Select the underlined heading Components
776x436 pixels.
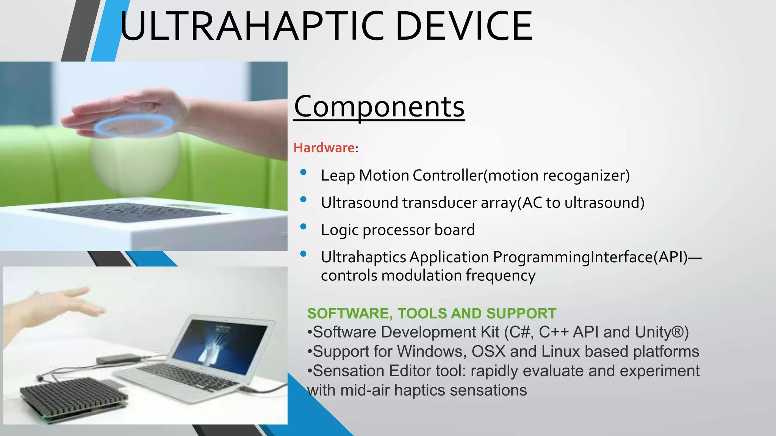(379, 107)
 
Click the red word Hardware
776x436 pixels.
(324, 148)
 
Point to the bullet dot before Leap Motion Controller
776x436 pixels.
(303, 172)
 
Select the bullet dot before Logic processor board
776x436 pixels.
(303, 227)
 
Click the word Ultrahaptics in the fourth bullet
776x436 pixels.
(363, 257)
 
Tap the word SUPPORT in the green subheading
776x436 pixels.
(521, 313)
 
